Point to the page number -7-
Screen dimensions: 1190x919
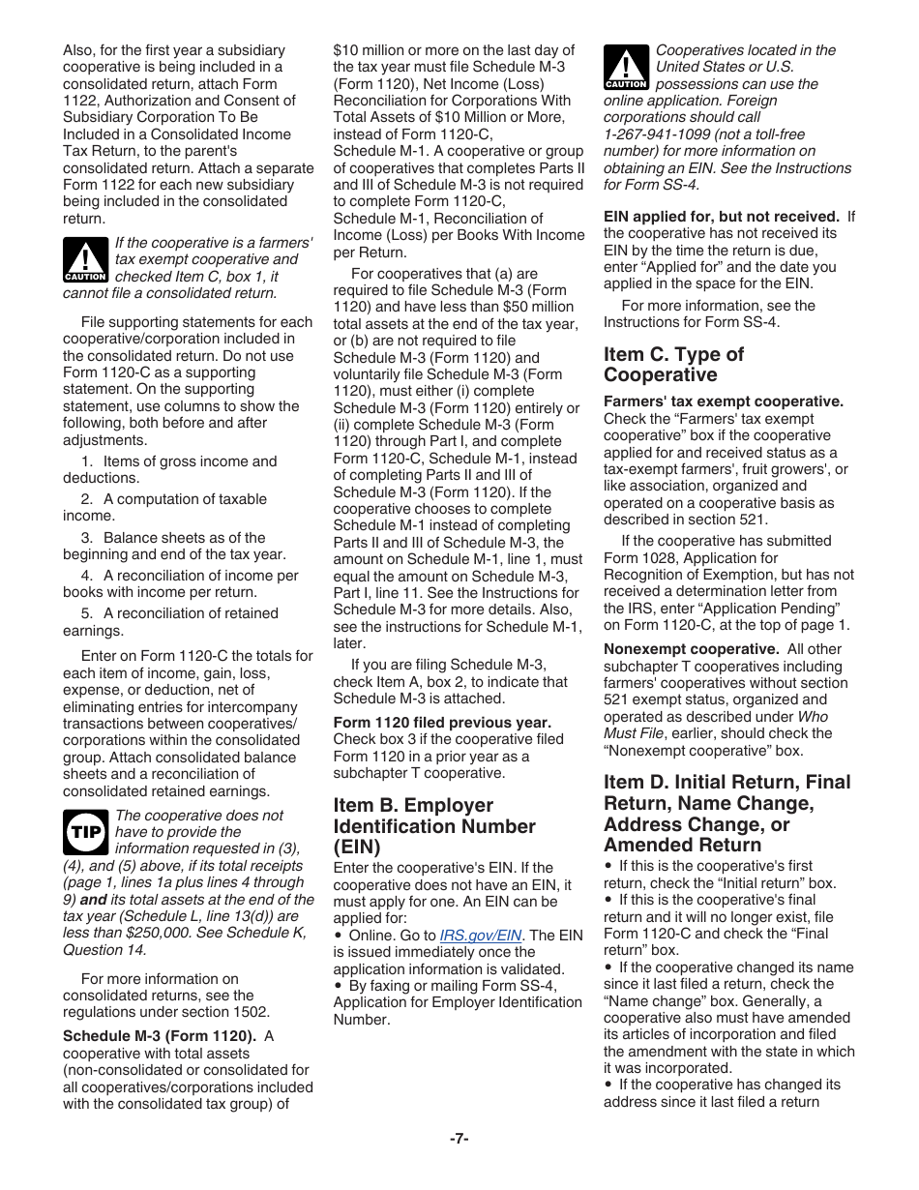click(459, 1139)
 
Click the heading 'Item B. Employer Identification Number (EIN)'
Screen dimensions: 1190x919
click(433, 825)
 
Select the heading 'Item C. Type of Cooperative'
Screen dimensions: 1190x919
click(673, 364)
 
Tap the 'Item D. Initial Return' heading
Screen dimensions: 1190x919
click(726, 813)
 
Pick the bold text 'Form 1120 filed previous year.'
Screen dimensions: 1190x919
click(442, 723)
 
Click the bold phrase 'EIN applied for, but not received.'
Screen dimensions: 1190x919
click(721, 217)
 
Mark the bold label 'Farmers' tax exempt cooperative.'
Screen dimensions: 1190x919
click(724, 402)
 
